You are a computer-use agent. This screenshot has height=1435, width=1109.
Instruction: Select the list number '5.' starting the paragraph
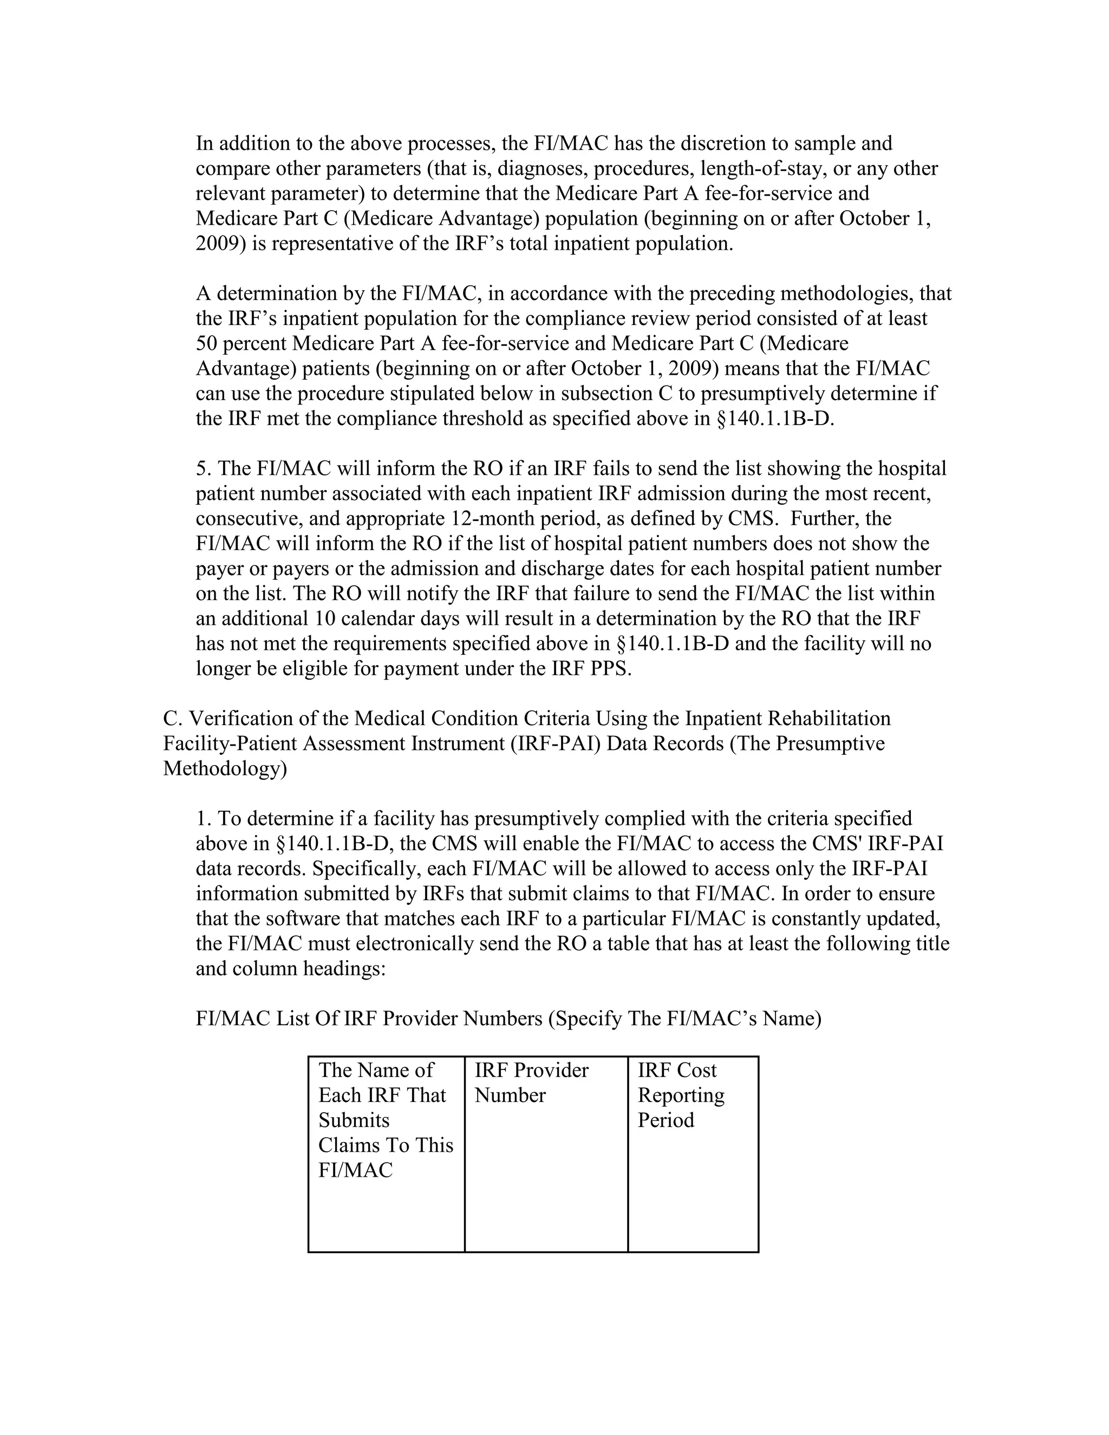pos(204,468)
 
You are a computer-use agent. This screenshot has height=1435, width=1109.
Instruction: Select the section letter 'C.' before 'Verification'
pos(172,717)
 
